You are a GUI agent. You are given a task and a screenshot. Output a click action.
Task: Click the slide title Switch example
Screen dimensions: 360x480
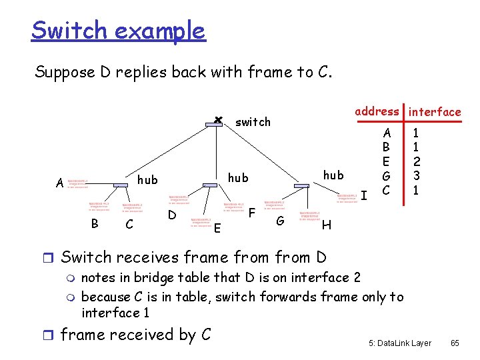[118, 30]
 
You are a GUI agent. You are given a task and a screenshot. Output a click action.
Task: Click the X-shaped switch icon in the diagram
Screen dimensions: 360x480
[217, 120]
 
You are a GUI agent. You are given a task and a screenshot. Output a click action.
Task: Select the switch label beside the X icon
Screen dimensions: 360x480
[253, 122]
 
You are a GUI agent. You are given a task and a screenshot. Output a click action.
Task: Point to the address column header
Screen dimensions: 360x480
[377, 111]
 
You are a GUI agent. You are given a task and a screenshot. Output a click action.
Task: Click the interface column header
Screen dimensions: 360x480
[434, 112]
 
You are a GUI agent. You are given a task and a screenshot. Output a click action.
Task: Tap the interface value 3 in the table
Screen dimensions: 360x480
[415, 176]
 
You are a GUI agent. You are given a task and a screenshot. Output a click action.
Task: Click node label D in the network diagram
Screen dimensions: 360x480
[172, 215]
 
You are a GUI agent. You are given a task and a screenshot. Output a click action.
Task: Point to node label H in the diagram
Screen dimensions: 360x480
[326, 225]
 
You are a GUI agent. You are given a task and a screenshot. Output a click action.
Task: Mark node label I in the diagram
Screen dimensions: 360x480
[364, 195]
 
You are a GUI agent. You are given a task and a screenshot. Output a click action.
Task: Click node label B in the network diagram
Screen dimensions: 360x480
[95, 223]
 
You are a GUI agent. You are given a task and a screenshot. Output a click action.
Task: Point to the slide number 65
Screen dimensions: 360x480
[455, 343]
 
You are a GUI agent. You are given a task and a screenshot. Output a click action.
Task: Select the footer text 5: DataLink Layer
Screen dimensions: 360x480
[399, 343]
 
